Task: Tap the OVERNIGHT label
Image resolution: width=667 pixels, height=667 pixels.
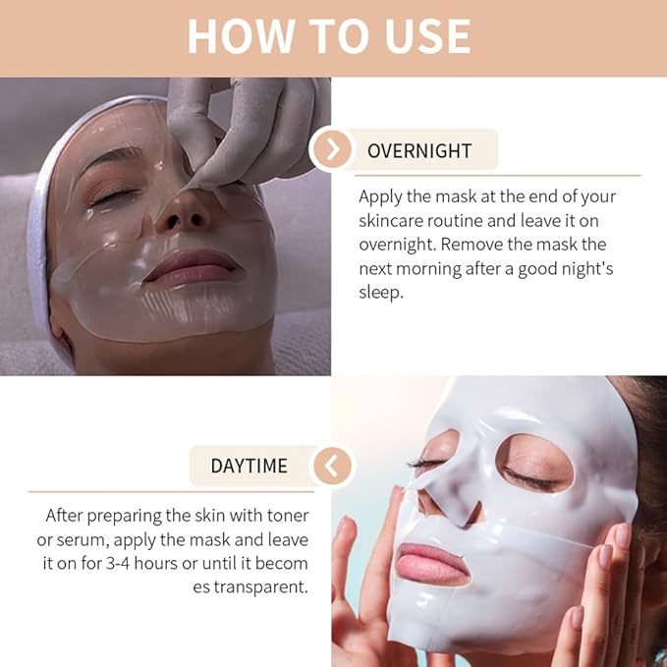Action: pos(419,150)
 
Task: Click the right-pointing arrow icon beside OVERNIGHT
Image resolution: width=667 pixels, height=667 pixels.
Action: pos(334,149)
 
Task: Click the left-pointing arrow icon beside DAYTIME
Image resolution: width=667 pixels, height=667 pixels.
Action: pos(332,465)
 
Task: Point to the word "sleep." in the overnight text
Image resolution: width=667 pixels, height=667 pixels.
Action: pos(381,293)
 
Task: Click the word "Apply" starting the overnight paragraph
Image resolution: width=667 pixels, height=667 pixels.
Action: pos(381,197)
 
